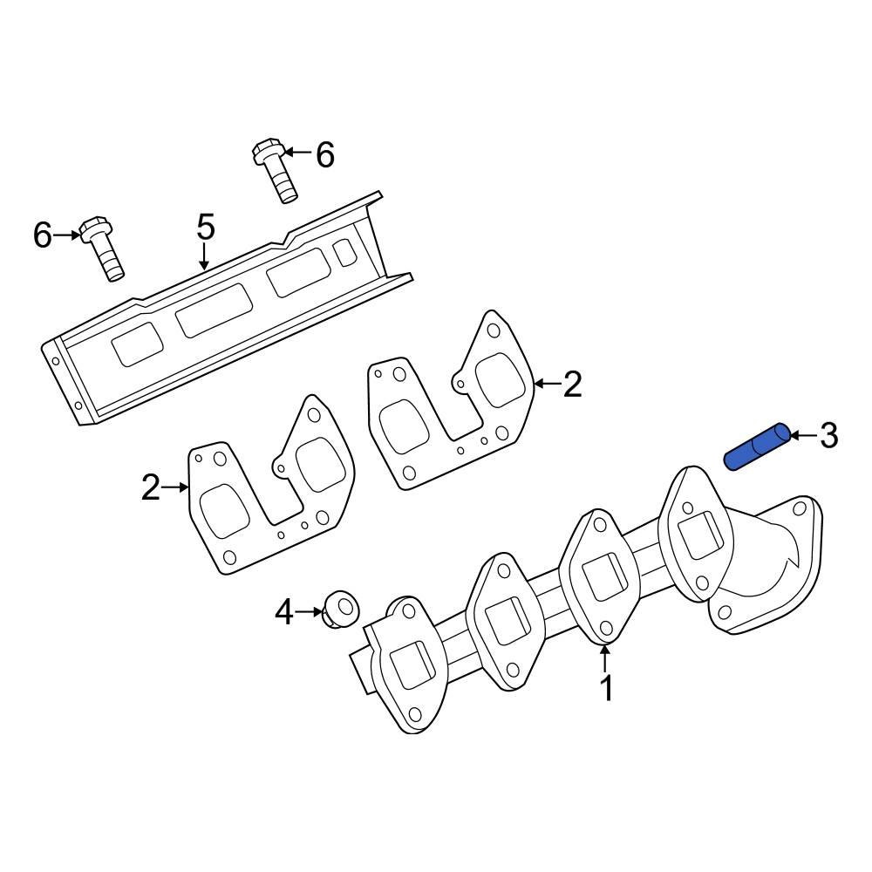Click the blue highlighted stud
(758, 446)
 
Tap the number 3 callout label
(828, 434)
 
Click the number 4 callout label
(284, 613)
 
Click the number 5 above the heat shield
(205, 228)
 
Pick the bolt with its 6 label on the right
(275, 171)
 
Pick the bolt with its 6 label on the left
(102, 249)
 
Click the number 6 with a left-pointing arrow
(324, 155)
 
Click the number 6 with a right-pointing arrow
(43, 235)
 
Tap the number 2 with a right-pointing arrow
(151, 488)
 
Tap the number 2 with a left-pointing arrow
(572, 384)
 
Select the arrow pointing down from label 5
(205, 256)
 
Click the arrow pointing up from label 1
(605, 657)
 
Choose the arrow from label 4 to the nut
(310, 612)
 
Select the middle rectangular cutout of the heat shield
(215, 310)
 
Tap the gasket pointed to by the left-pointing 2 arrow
(453, 401)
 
